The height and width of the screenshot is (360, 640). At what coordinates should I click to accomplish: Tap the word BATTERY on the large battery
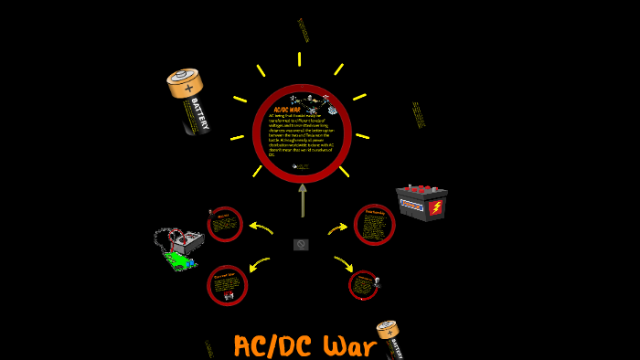[199, 115]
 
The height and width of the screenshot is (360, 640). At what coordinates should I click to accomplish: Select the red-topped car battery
[421, 202]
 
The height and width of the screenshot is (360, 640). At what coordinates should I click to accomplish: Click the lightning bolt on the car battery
[435, 207]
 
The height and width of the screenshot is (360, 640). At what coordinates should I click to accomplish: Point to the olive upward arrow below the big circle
[303, 200]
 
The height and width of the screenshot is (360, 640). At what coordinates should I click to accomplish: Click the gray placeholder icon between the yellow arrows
[301, 245]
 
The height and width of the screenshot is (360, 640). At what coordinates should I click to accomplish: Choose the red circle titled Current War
[227, 285]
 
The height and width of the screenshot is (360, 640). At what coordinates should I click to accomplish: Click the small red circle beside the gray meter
[224, 224]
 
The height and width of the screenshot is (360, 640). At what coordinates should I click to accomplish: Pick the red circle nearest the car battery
[374, 225]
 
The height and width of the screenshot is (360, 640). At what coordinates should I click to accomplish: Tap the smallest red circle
[363, 285]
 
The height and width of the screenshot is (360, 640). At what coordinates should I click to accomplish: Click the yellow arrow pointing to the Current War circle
[260, 264]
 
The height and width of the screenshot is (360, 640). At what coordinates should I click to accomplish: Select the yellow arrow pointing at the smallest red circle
[343, 263]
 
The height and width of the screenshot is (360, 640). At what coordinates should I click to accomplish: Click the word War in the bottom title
[349, 346]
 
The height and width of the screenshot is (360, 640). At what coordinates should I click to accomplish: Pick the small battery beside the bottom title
[390, 340]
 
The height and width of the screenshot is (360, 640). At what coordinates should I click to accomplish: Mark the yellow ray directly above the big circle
[299, 59]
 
